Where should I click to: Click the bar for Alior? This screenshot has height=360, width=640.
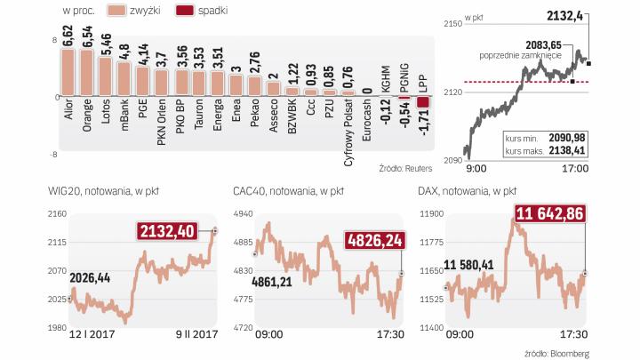[x=68, y=72]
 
